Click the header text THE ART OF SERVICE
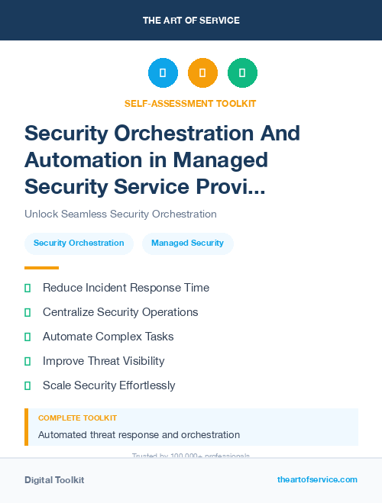(x=191, y=21)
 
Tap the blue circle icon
(x=163, y=73)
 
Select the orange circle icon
(x=202, y=73)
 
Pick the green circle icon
(x=242, y=73)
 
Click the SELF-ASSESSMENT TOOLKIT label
(x=191, y=104)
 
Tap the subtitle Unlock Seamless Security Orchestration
(x=121, y=214)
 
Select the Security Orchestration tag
(x=79, y=243)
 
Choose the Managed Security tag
(x=187, y=243)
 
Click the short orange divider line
(x=41, y=268)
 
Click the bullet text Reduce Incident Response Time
(x=126, y=288)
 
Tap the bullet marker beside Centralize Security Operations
(x=28, y=312)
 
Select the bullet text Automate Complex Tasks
(x=108, y=337)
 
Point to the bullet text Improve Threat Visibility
(x=104, y=361)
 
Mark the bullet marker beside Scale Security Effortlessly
(x=28, y=385)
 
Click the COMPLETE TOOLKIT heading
(x=77, y=418)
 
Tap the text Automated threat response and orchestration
(x=139, y=435)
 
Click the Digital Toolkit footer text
(x=54, y=480)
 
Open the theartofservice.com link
(x=317, y=479)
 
